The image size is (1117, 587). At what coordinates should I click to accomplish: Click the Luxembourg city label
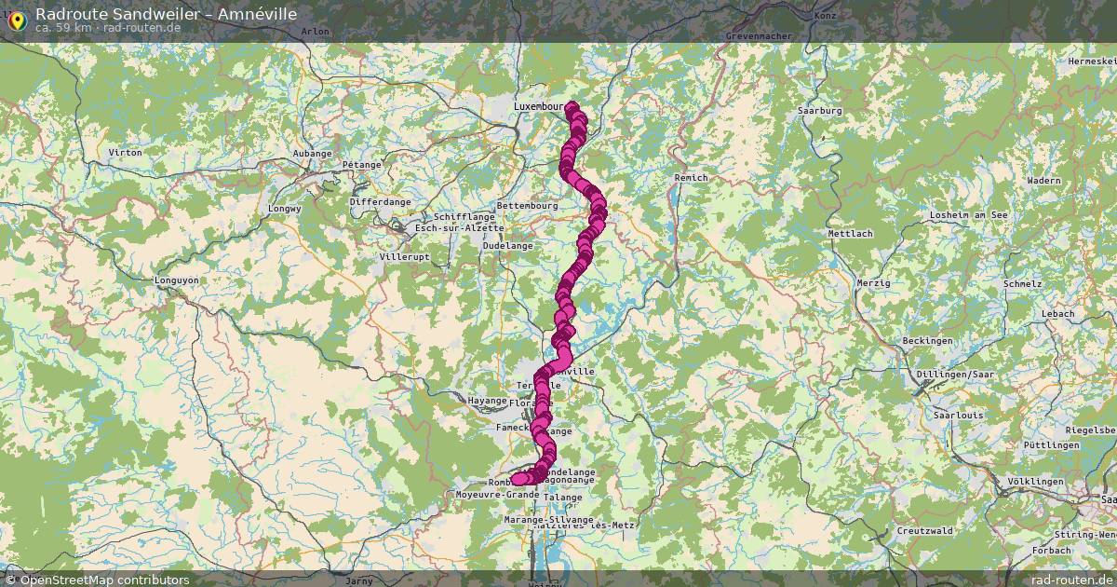point(539,107)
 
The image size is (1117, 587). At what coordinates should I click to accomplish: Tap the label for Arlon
point(316,32)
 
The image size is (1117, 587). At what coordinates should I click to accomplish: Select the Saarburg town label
point(819,111)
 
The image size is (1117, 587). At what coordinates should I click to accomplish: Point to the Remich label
point(691,177)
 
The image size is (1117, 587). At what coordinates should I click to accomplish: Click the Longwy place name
point(284,209)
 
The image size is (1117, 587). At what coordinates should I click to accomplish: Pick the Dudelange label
point(508,246)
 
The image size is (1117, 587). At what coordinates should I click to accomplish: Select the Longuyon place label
point(176,280)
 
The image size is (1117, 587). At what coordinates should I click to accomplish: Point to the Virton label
point(125,152)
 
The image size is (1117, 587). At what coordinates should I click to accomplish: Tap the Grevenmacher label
point(759,36)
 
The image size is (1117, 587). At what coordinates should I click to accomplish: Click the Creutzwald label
point(924,530)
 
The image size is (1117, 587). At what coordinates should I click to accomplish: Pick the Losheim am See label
point(969,215)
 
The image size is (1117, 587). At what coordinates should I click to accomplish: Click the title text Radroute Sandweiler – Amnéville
point(166,13)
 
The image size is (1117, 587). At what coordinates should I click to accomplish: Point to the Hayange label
point(487,400)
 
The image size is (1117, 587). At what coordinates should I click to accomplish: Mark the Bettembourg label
point(527,206)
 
